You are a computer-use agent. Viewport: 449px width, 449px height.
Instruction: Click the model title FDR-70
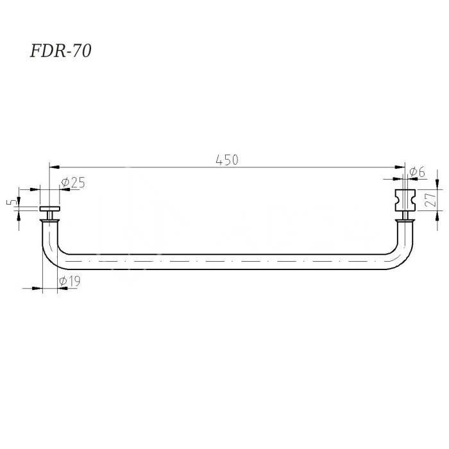[61, 51]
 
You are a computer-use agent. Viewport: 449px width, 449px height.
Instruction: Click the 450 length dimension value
[227, 160]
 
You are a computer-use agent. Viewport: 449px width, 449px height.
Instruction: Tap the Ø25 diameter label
[73, 183]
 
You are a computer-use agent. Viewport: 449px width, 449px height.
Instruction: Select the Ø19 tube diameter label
[69, 281]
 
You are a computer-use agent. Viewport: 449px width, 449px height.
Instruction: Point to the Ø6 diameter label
[417, 172]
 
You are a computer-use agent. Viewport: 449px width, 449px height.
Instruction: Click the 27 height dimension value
[430, 199]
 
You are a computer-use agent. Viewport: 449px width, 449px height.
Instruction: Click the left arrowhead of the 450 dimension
[55, 167]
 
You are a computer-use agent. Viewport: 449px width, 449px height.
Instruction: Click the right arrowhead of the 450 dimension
[400, 167]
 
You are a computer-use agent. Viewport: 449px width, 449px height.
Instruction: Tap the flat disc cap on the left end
[50, 208]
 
